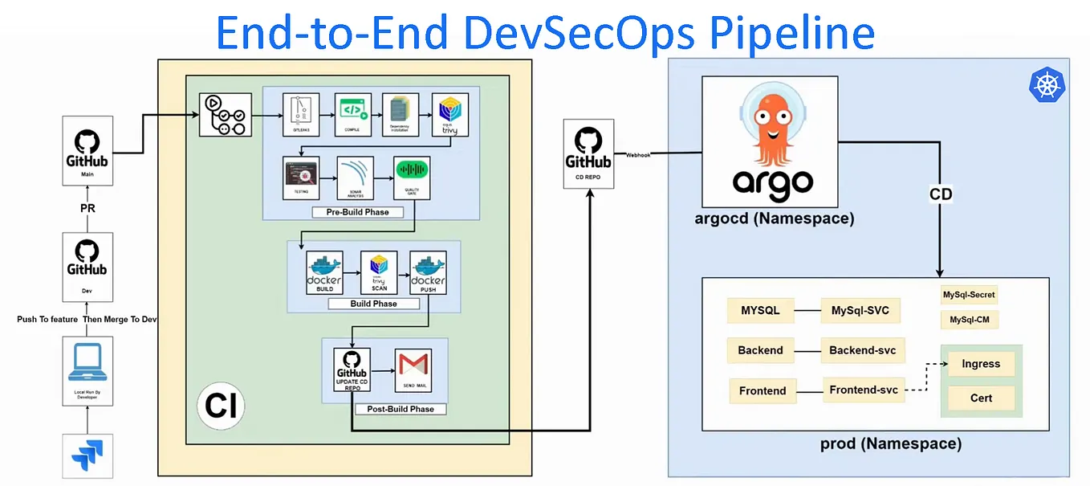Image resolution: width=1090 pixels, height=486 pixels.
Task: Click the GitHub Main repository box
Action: (x=87, y=150)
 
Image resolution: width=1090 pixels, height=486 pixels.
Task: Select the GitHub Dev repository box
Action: (x=87, y=265)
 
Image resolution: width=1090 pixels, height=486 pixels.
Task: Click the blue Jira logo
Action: (x=87, y=455)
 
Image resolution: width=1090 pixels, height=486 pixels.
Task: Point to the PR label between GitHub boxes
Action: (x=87, y=209)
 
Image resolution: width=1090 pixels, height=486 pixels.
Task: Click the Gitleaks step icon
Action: (x=301, y=113)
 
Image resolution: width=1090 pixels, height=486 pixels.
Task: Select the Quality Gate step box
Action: (x=412, y=177)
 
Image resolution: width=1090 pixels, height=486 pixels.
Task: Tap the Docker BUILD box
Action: (x=324, y=273)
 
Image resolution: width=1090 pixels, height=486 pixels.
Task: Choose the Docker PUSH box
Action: (x=428, y=273)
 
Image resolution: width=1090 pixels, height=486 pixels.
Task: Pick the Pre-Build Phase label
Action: (x=357, y=212)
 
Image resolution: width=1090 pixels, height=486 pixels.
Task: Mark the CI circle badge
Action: (x=221, y=406)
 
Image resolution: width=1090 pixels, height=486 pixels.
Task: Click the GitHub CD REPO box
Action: (x=588, y=153)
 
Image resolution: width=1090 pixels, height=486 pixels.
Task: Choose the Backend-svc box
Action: (x=863, y=350)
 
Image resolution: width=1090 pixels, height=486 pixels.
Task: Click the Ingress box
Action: (x=981, y=364)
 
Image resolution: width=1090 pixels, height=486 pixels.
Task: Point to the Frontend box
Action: (x=763, y=390)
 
